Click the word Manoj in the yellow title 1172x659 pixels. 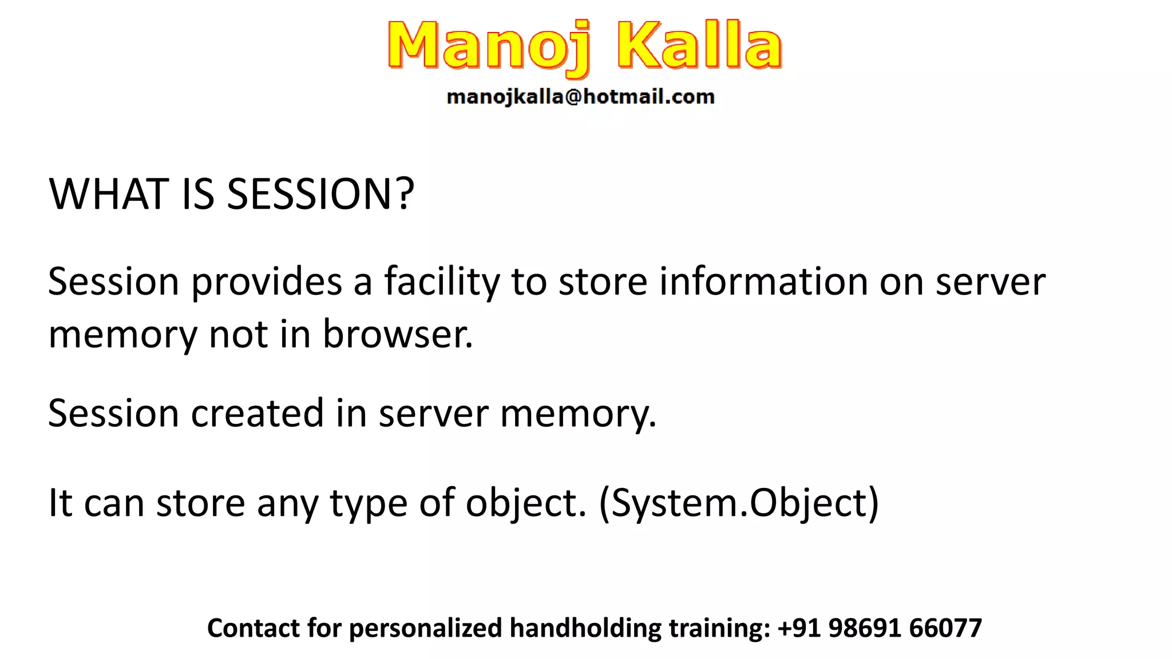tap(488, 46)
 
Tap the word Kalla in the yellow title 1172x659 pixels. tap(699, 46)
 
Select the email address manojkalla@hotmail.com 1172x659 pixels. tap(580, 97)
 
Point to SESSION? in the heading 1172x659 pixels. tap(320, 194)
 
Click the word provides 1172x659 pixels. tap(266, 282)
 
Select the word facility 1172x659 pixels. tap(442, 282)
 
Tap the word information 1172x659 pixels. tap(763, 282)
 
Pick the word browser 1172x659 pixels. tap(397, 334)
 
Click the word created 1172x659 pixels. tap(257, 413)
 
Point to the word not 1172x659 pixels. tap(239, 334)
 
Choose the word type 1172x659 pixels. tap(368, 503)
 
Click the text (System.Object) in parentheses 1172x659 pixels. tap(738, 503)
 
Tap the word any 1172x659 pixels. tap(287, 503)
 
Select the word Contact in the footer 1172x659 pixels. tap(254, 628)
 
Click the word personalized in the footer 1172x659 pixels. tap(425, 628)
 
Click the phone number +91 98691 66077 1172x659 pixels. tap(880, 628)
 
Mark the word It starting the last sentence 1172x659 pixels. tap(60, 503)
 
